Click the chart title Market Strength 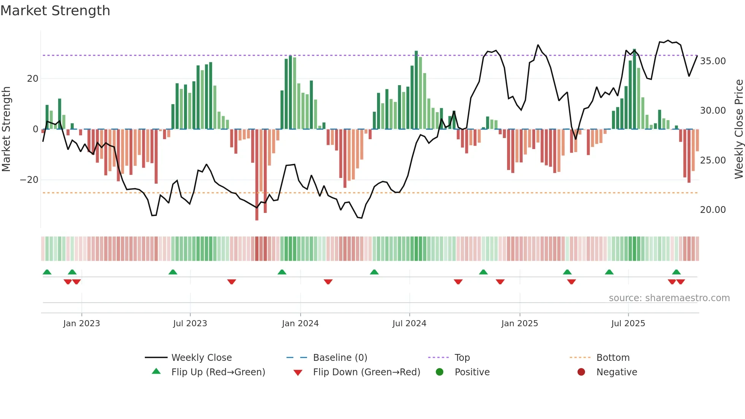(x=55, y=11)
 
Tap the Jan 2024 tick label (x=300, y=324)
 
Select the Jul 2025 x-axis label (x=628, y=324)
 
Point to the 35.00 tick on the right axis (x=713, y=61)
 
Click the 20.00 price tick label (x=713, y=210)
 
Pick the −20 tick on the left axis (x=29, y=180)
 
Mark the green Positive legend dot (x=440, y=372)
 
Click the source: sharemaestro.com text (x=669, y=298)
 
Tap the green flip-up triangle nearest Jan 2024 (x=282, y=272)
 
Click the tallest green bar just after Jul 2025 (x=634, y=89)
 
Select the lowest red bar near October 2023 (x=257, y=175)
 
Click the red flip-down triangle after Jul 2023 (x=231, y=282)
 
